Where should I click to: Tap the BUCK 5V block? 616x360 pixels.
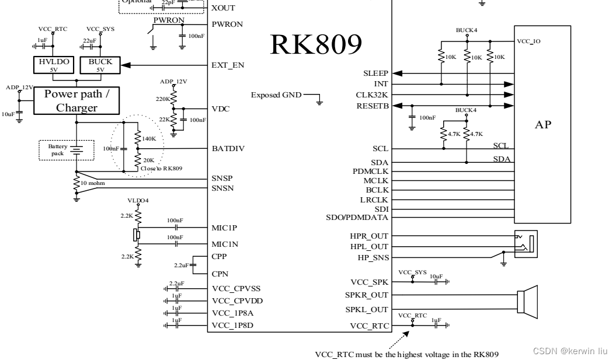click(x=100, y=65)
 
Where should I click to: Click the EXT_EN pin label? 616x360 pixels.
click(x=227, y=65)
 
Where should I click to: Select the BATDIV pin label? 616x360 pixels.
click(x=227, y=149)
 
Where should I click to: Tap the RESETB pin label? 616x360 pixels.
click(x=373, y=106)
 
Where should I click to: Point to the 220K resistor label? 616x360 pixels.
click(x=162, y=99)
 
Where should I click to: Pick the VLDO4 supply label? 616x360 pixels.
click(x=138, y=200)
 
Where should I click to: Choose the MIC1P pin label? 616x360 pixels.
click(x=225, y=228)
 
